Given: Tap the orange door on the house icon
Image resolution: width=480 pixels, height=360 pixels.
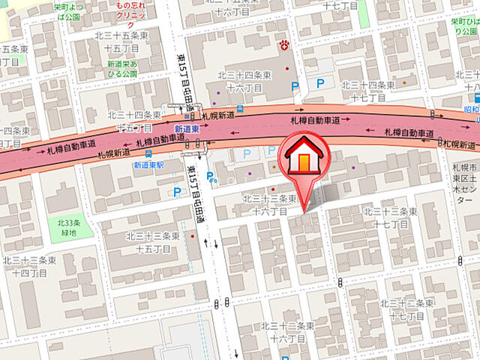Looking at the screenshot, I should [302, 162].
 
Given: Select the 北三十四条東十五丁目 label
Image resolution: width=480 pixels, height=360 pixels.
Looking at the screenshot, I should [134, 121].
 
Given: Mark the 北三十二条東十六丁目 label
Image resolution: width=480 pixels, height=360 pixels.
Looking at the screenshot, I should [287, 332].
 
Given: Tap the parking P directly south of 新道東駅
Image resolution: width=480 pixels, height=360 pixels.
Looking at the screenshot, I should [178, 192].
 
